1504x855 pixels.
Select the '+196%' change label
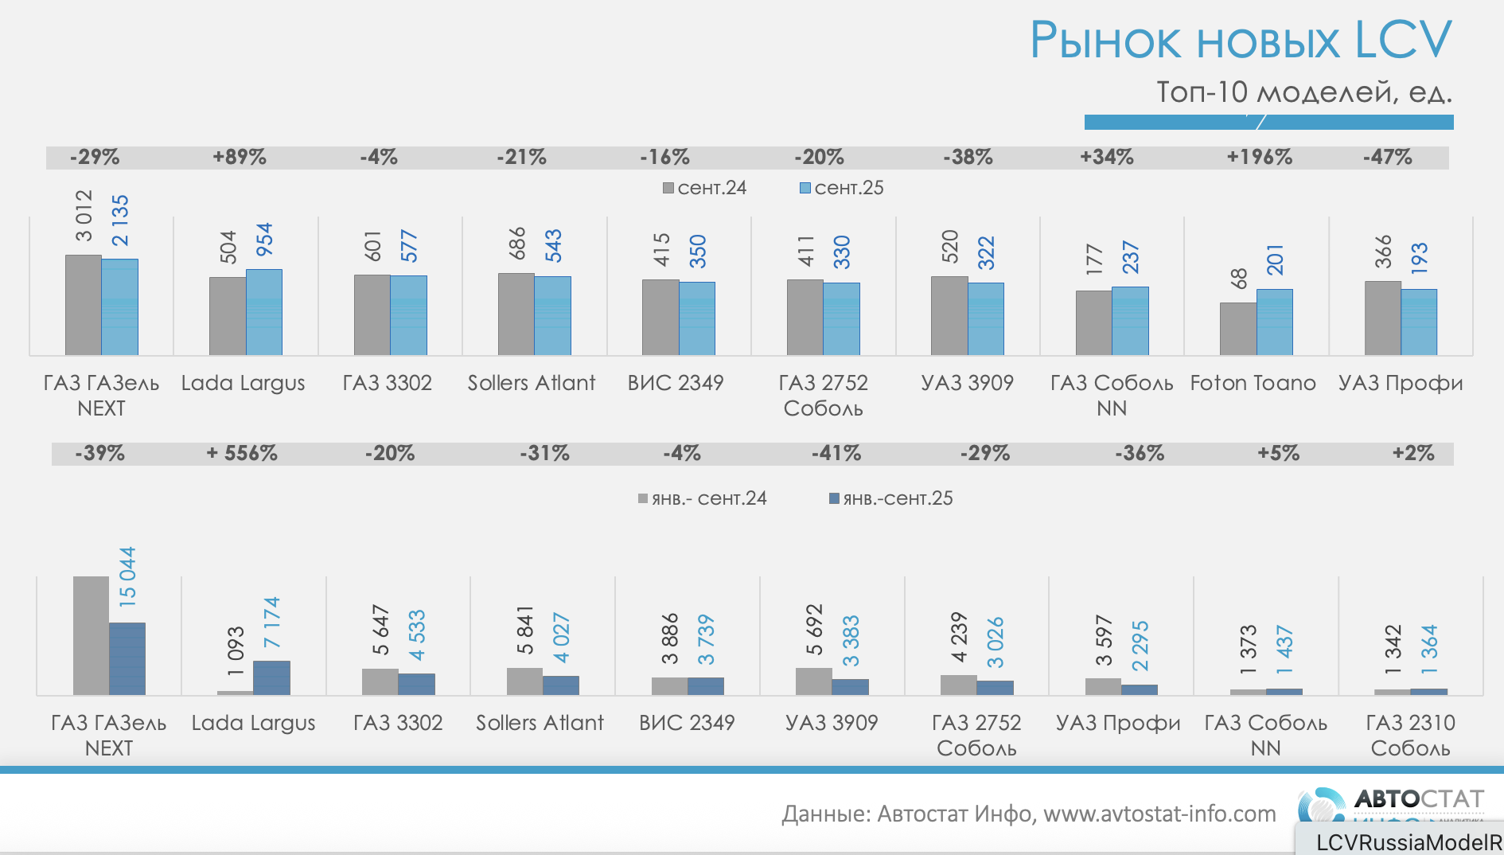click(1259, 157)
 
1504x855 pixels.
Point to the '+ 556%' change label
click(242, 453)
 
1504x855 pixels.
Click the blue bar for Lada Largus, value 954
click(264, 312)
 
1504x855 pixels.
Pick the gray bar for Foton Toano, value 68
click(1237, 329)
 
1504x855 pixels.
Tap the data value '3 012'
click(84, 215)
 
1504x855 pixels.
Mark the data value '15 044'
click(127, 576)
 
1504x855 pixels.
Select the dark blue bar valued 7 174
click(271, 677)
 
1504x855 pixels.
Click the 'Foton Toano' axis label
click(1253, 383)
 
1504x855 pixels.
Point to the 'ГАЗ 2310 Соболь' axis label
click(1410, 735)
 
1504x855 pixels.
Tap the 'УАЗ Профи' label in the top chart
click(1401, 383)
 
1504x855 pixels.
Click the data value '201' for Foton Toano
click(1275, 260)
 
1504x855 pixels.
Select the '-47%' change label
click(1387, 157)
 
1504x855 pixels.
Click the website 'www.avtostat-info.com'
click(1159, 814)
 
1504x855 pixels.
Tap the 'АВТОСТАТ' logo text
click(1419, 798)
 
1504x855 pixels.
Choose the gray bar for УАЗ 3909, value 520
click(949, 315)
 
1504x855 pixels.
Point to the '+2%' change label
click(1413, 453)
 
